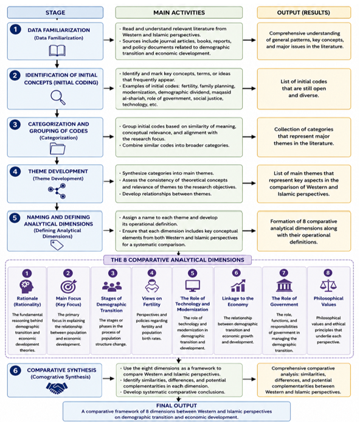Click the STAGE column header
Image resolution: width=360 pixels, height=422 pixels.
click(55, 12)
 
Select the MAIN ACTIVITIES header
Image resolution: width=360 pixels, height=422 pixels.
click(179, 12)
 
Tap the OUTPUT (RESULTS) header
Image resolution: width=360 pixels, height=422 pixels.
click(304, 12)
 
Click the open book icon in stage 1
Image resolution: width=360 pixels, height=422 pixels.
click(57, 50)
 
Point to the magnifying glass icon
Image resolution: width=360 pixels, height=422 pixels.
click(58, 97)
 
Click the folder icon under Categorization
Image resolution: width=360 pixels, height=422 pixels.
click(57, 148)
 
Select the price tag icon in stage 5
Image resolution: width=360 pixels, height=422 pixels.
click(57, 245)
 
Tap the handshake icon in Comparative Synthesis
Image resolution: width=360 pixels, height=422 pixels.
click(57, 388)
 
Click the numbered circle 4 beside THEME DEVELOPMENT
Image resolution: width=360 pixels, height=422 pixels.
click(15, 171)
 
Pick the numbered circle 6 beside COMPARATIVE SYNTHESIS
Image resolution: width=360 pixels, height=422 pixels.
click(15, 370)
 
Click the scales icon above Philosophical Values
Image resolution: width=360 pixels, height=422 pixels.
click(328, 286)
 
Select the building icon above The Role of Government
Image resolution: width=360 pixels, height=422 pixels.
click(284, 285)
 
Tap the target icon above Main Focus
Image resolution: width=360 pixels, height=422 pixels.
click(68, 286)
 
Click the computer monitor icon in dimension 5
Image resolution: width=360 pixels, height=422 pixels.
click(193, 286)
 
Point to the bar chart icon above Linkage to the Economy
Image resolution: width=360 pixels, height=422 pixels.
click(238, 286)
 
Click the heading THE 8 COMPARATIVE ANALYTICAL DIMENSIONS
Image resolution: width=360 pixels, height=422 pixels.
click(178, 260)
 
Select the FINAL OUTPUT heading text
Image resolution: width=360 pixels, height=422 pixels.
click(176, 406)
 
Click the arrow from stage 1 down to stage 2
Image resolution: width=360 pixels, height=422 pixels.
click(57, 64)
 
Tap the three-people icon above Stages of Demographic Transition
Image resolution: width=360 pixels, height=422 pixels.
click(112, 286)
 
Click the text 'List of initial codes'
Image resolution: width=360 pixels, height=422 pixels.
click(304, 81)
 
